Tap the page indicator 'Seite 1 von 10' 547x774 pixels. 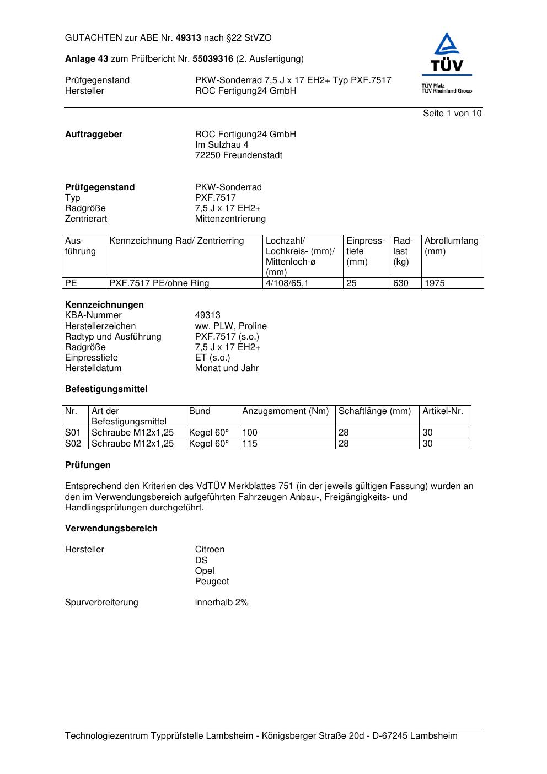452,114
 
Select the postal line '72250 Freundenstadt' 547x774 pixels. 238,155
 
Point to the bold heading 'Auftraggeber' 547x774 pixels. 94,135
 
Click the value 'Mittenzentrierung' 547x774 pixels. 230,219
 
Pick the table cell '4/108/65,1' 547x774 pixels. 287,283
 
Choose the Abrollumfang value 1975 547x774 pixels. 435,283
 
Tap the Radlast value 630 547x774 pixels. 401,283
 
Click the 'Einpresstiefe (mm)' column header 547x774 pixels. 365,251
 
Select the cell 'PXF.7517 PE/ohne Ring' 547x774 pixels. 159,283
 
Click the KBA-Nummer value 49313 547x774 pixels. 207,315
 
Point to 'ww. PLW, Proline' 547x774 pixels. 230,326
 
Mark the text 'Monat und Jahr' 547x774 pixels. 227,368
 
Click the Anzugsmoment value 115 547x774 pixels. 250,444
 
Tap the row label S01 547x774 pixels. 73,433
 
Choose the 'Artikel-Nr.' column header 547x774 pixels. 443,411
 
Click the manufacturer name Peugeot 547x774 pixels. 212,582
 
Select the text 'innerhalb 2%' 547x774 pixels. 222,603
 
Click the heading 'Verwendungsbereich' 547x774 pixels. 111,529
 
